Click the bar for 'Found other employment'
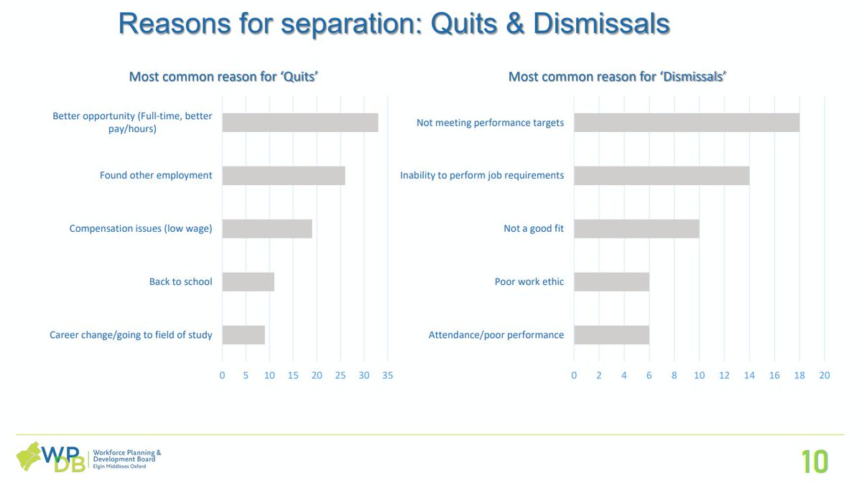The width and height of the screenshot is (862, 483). tap(283, 176)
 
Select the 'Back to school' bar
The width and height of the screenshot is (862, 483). tap(248, 282)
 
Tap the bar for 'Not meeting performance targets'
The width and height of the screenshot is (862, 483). tap(686, 123)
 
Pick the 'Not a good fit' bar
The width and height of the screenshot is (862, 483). tap(636, 229)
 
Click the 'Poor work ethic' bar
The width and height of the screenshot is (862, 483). tap(611, 282)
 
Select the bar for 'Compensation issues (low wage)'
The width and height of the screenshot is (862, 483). tap(267, 229)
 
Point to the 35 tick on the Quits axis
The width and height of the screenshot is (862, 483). tap(388, 375)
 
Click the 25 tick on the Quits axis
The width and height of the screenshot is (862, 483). tap(340, 375)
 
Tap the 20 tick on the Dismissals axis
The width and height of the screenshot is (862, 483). tap(824, 375)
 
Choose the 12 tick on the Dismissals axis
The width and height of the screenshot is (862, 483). tap(724, 375)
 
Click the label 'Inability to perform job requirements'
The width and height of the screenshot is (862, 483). tap(481, 176)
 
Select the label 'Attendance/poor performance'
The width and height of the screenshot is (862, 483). tap(496, 335)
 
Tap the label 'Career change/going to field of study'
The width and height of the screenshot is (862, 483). tap(131, 335)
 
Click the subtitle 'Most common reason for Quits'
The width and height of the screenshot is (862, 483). tap(223, 77)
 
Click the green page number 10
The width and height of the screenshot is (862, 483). tap(815, 461)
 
